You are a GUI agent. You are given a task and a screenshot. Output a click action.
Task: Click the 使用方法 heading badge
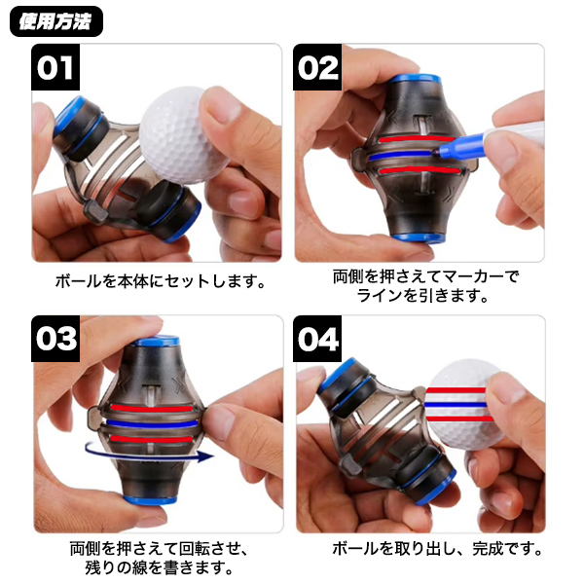coord(56,21)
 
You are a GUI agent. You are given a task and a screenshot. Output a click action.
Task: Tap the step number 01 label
coord(55,67)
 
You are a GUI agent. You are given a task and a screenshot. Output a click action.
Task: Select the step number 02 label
coord(317,67)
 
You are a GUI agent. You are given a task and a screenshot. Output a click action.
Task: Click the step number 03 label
coord(55,338)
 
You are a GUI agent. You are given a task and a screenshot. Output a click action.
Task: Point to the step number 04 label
coord(317,338)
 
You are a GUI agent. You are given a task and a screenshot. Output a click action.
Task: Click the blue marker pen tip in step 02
coord(434,152)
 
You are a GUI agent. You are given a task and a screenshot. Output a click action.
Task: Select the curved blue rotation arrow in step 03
coord(150,453)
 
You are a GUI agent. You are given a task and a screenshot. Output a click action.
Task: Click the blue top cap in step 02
coord(416,79)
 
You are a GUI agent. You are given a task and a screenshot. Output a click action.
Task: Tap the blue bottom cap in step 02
coord(418,237)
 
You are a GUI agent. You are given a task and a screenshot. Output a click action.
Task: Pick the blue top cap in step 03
coord(157,341)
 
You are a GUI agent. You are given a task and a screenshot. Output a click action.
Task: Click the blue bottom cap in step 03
coord(150,499)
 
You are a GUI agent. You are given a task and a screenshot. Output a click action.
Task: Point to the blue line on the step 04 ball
coord(456,405)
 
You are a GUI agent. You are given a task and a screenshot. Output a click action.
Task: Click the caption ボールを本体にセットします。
coord(161,281)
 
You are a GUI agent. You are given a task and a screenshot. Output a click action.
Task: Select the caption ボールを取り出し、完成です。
coord(437,549)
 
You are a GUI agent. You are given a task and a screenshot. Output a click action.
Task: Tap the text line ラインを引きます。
coord(422,296)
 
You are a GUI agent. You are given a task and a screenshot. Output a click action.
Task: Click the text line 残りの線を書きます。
coord(159,567)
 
